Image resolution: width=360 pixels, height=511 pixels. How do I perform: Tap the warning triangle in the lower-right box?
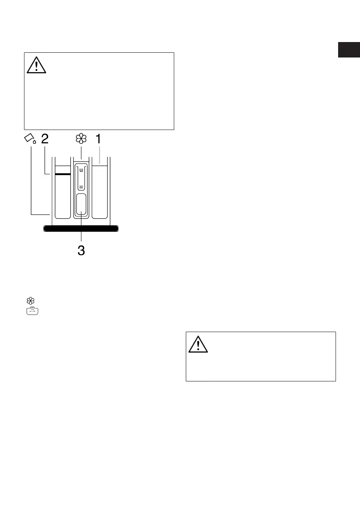point(198,343)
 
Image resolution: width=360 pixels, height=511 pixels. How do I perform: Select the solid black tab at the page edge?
point(348,50)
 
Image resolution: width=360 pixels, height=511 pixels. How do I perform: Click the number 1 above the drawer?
point(99,139)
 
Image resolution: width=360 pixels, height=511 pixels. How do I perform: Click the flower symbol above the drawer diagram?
point(81,139)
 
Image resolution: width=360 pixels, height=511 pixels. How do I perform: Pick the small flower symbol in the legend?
point(31,301)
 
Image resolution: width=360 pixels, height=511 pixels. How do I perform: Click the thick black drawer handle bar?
point(81,229)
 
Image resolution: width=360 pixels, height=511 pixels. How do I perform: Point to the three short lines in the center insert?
point(81,187)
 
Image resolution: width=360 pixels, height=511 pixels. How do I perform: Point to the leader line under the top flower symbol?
point(81,153)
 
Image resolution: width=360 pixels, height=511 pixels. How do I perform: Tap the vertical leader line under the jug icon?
point(31,180)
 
